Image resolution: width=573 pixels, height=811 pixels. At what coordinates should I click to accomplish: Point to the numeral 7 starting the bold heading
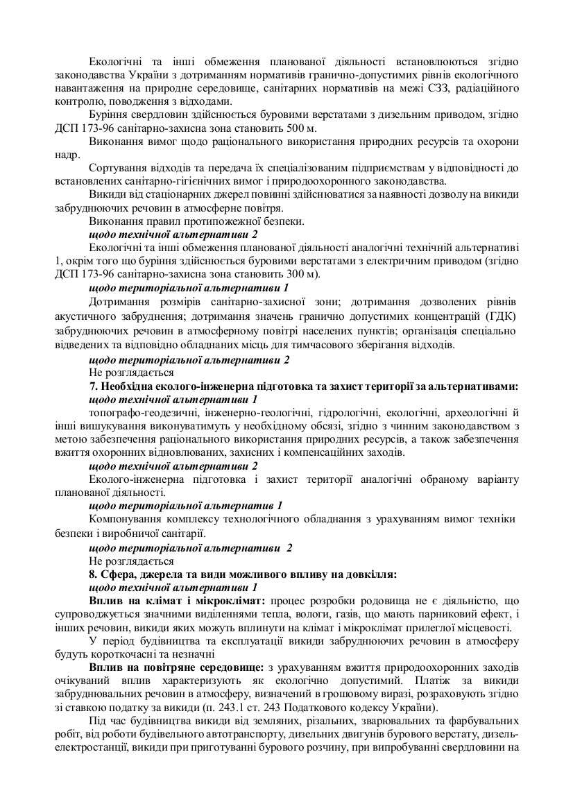coord(93,386)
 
